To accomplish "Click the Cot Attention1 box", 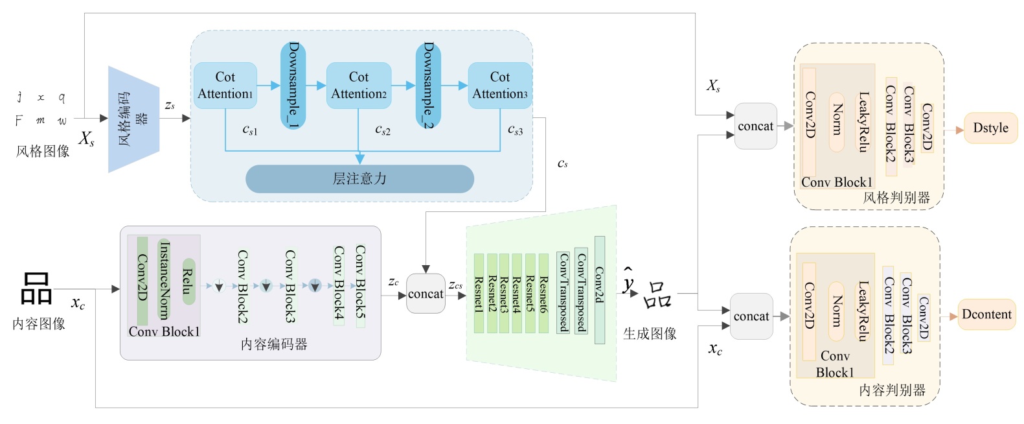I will point(225,86).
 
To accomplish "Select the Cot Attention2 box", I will point(359,86).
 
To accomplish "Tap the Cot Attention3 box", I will point(499,86).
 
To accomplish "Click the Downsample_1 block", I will point(293,85).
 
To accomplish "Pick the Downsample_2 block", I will point(427,85).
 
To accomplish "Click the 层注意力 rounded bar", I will point(359,179).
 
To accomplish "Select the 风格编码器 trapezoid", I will point(133,119).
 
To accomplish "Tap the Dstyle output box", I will point(990,128).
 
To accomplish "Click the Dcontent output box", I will point(986,314).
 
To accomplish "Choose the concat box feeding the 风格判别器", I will point(755,126).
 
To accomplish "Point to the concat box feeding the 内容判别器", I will point(751,316).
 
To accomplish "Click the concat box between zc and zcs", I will point(426,294).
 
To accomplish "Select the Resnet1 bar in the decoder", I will point(479,294).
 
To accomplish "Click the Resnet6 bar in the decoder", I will point(543,294).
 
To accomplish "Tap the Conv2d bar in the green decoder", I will point(599,290).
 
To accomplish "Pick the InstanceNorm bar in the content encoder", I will point(164,280).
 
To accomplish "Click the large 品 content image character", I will point(36,288).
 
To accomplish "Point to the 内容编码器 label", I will point(274,345).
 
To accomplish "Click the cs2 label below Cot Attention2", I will point(382,130).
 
